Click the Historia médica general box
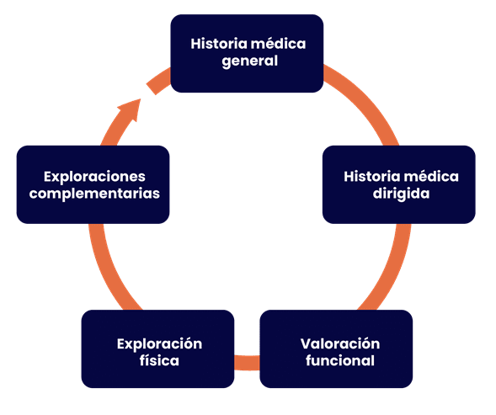pyautogui.click(x=247, y=54)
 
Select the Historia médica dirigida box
pyautogui.click(x=399, y=184)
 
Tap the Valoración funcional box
pyautogui.click(x=336, y=348)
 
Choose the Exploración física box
pyautogui.click(x=157, y=348)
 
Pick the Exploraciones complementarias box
pyautogui.click(x=93, y=184)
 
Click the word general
pyautogui.click(x=249, y=61)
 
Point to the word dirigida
pyautogui.click(x=401, y=194)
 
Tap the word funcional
pyautogui.click(x=340, y=360)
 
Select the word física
pyautogui.click(x=159, y=360)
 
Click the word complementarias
pyautogui.click(x=94, y=194)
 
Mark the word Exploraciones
pyautogui.click(x=94, y=177)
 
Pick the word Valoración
pyautogui.click(x=340, y=343)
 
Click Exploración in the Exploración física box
pyautogui.click(x=159, y=344)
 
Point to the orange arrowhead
pyautogui.click(x=130, y=109)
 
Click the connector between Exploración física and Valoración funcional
pyautogui.click(x=247, y=363)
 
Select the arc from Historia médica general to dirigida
pyautogui.click(x=367, y=98)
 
